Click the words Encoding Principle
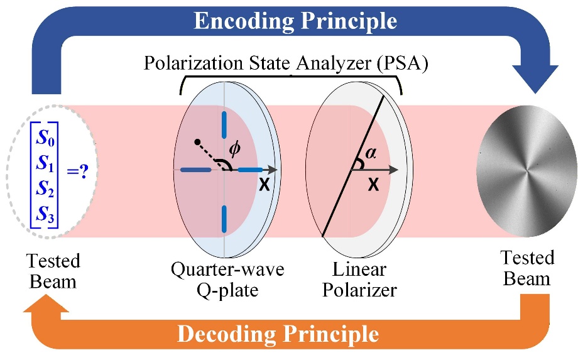tap(295, 21)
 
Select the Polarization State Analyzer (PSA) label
tap(286, 63)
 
